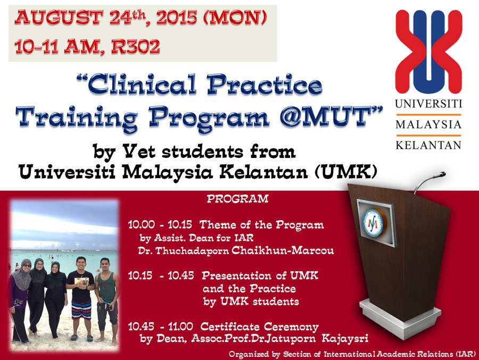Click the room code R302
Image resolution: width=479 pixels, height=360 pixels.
(136, 46)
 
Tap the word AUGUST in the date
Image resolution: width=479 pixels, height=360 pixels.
(59, 18)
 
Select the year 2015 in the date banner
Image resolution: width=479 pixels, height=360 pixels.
(177, 18)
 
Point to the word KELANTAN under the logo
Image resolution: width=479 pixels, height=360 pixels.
(428, 145)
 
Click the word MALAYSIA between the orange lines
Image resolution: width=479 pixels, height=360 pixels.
(428, 124)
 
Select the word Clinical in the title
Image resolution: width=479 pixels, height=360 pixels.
(142, 85)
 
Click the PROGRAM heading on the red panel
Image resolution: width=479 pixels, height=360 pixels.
(238, 199)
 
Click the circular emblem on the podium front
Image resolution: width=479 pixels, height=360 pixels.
(373, 223)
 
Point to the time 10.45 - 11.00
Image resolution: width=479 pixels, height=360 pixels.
(160, 326)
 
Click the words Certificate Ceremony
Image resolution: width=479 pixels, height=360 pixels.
(259, 326)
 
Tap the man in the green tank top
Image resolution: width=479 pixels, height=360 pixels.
(107, 299)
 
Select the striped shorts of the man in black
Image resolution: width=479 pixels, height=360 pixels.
(81, 309)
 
